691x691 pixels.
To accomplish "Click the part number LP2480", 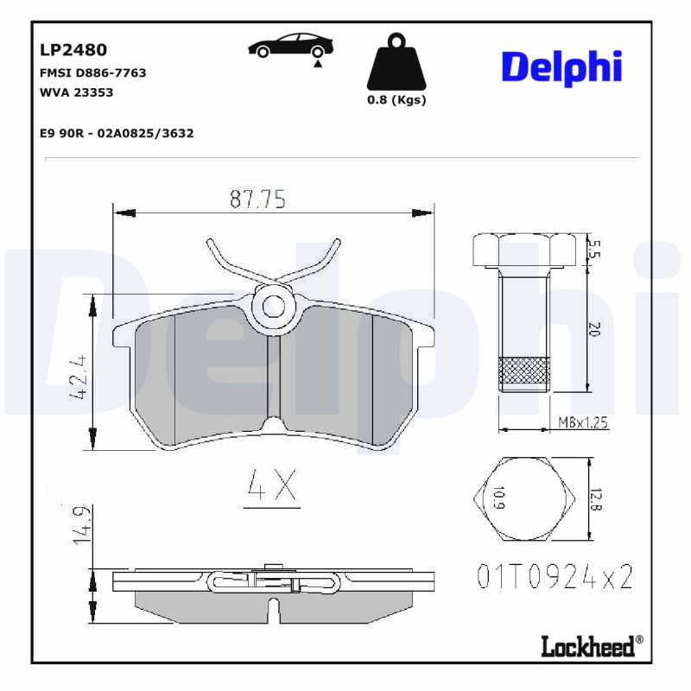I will (x=73, y=50).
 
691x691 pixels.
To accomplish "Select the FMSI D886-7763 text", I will (x=92, y=73).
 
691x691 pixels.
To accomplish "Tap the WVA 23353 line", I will (x=77, y=92).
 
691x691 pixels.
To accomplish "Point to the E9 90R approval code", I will (x=117, y=133).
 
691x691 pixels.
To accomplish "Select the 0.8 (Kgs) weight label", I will (x=396, y=100).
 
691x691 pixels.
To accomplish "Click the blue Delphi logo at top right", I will (x=561, y=67).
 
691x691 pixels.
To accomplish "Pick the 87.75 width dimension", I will (x=257, y=200).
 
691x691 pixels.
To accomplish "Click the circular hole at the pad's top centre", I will (x=275, y=305).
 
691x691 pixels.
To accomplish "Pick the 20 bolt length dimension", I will (x=593, y=329).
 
